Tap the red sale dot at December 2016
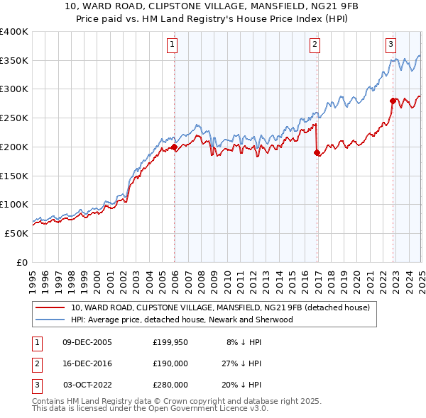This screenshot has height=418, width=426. (317, 152)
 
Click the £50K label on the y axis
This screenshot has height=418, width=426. (16, 233)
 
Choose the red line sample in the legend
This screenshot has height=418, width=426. (50, 307)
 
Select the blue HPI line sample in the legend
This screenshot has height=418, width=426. (50, 320)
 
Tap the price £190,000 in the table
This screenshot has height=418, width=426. (170, 363)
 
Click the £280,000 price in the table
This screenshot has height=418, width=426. (170, 385)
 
